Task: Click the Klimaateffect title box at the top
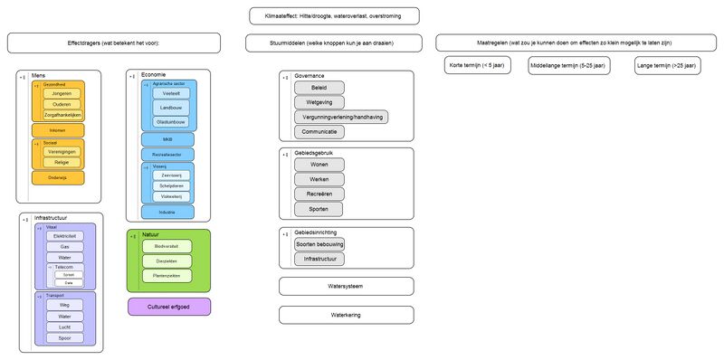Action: (x=335, y=15)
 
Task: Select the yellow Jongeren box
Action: (x=62, y=92)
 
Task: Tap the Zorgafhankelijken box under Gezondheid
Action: (x=62, y=116)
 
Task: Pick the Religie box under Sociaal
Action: (x=62, y=162)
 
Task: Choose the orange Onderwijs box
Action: (x=58, y=177)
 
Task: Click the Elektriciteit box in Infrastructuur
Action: (x=64, y=235)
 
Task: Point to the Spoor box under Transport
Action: (x=64, y=338)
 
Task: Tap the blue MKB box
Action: (x=167, y=139)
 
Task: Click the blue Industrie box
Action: (x=167, y=212)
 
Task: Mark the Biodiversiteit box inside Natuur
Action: (x=167, y=246)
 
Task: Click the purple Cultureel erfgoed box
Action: (x=169, y=307)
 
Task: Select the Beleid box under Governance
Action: (x=319, y=89)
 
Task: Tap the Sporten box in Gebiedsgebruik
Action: (x=319, y=209)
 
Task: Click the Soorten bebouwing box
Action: (x=319, y=244)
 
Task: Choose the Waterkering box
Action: (x=347, y=315)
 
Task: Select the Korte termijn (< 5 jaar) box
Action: (x=479, y=67)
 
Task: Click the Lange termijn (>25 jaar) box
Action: (x=665, y=67)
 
